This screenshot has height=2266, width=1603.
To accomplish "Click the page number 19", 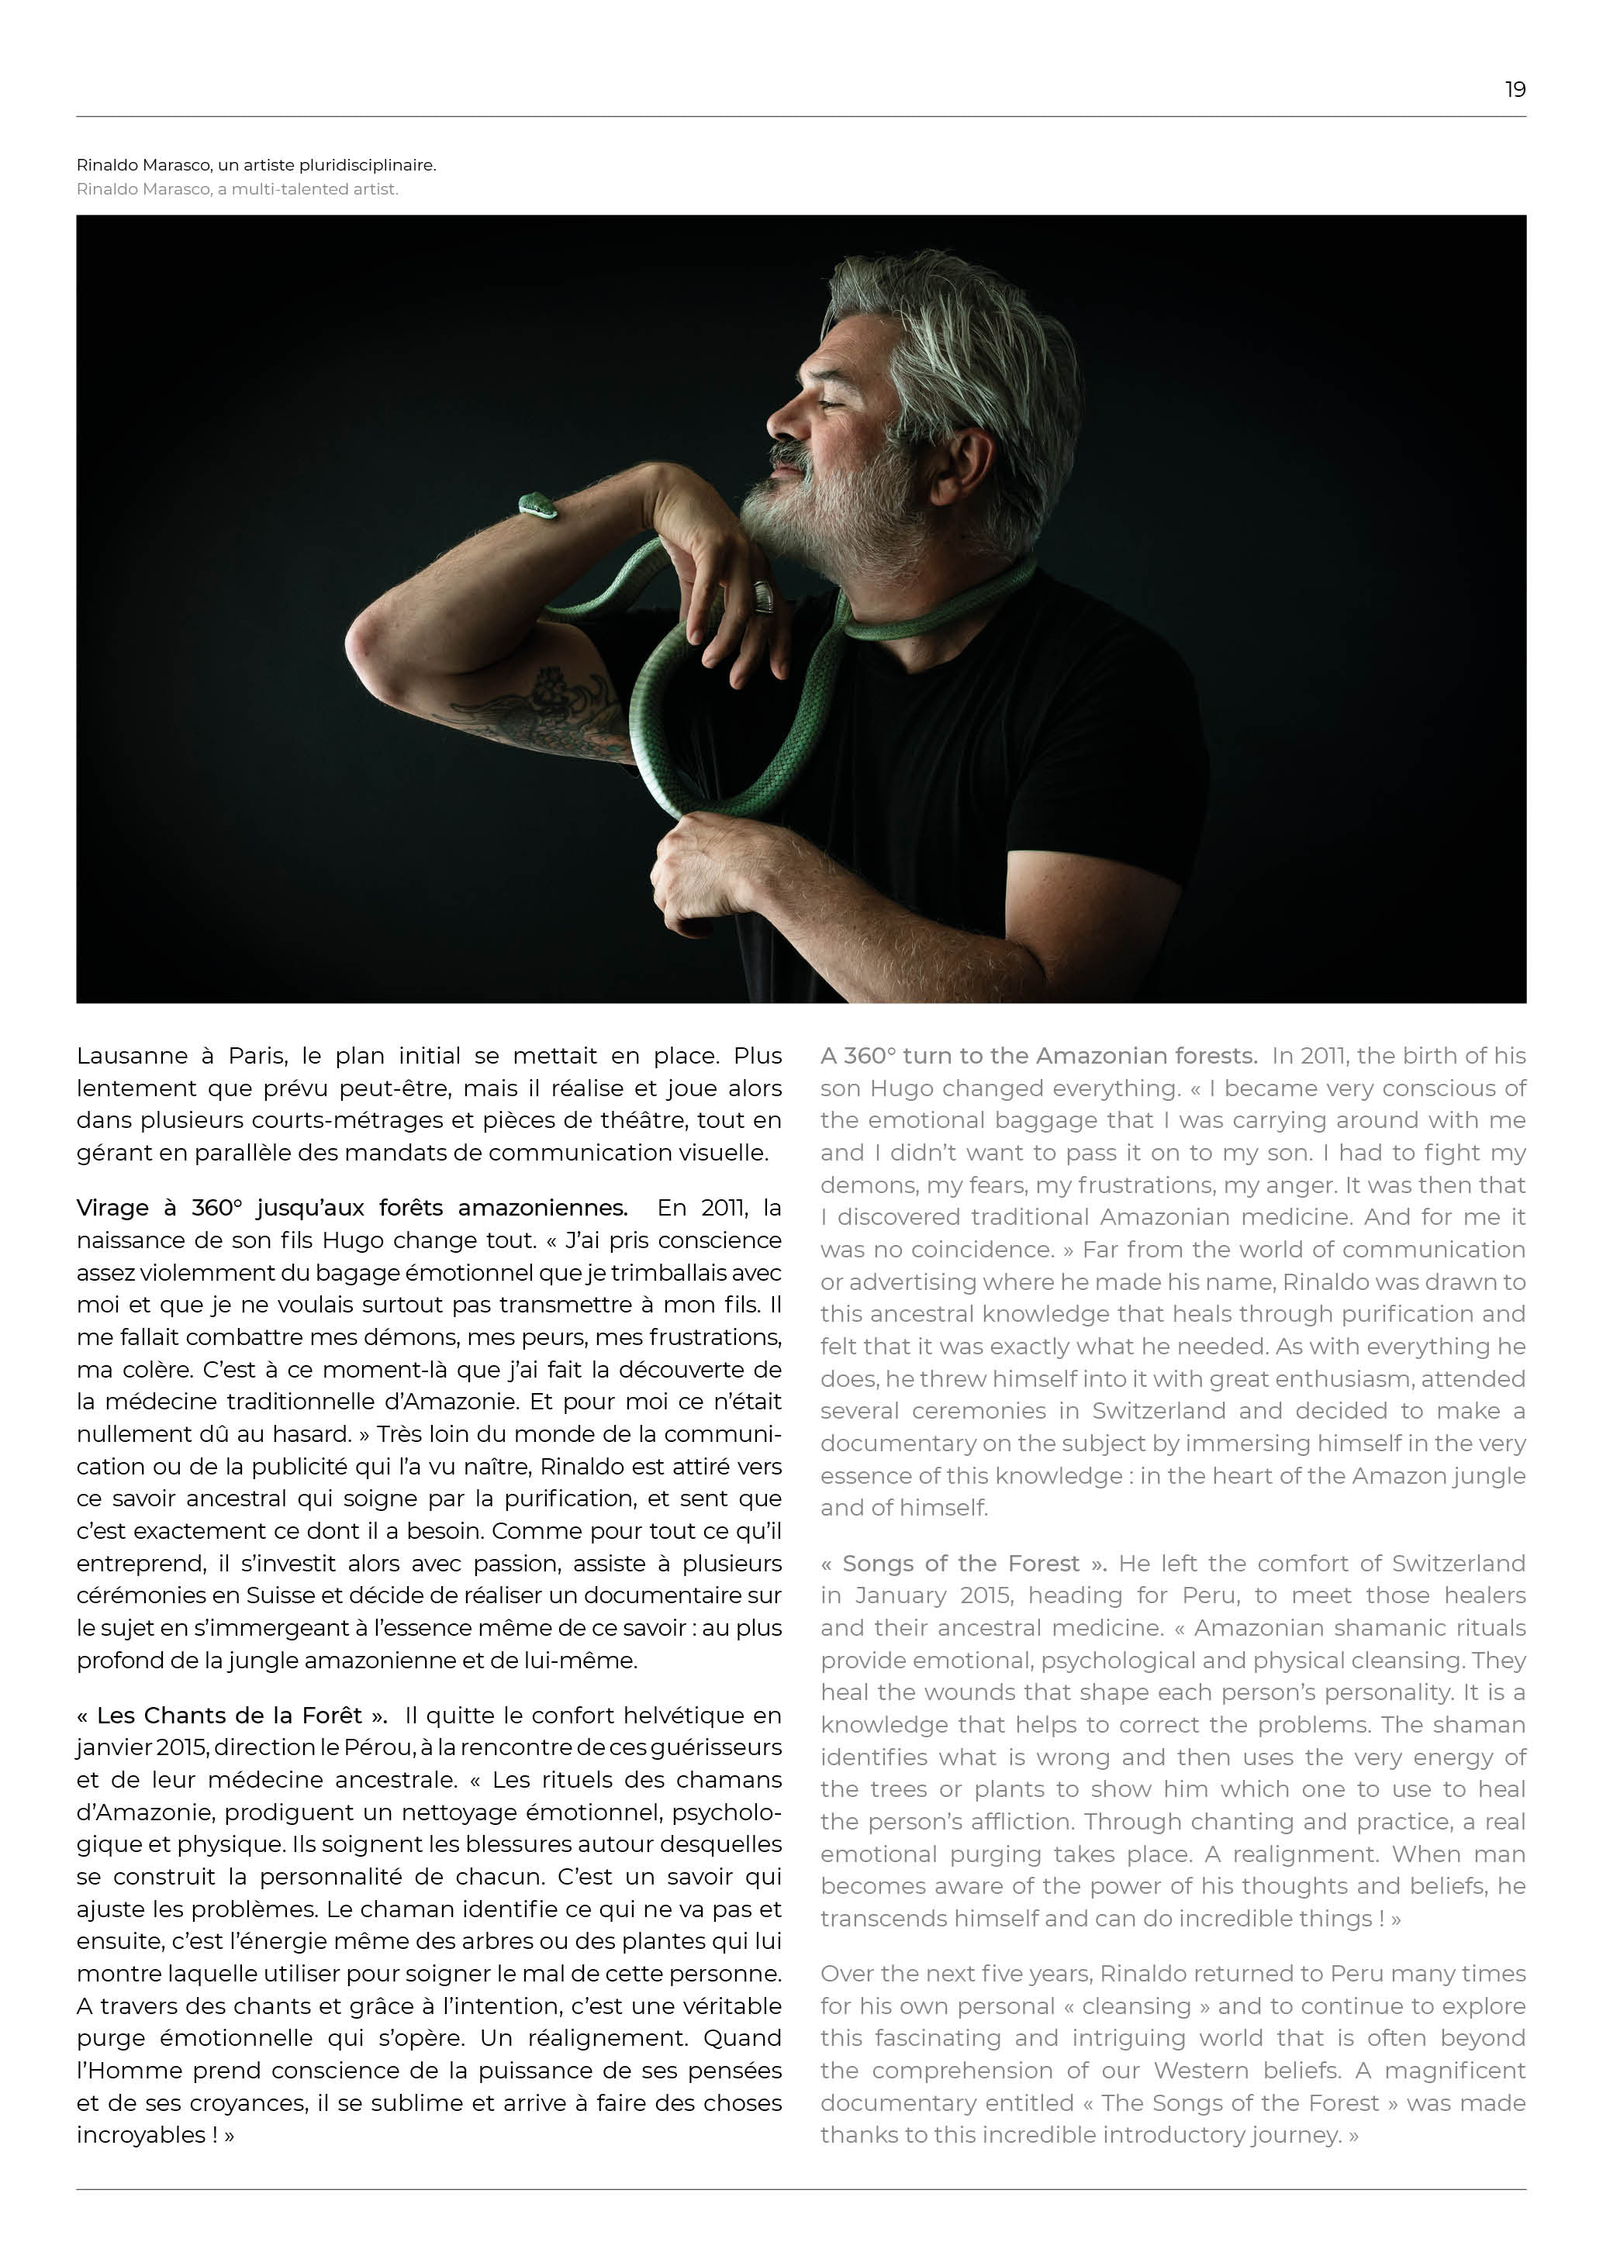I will [1514, 90].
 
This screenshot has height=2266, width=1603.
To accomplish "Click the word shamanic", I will [1381, 1629].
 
